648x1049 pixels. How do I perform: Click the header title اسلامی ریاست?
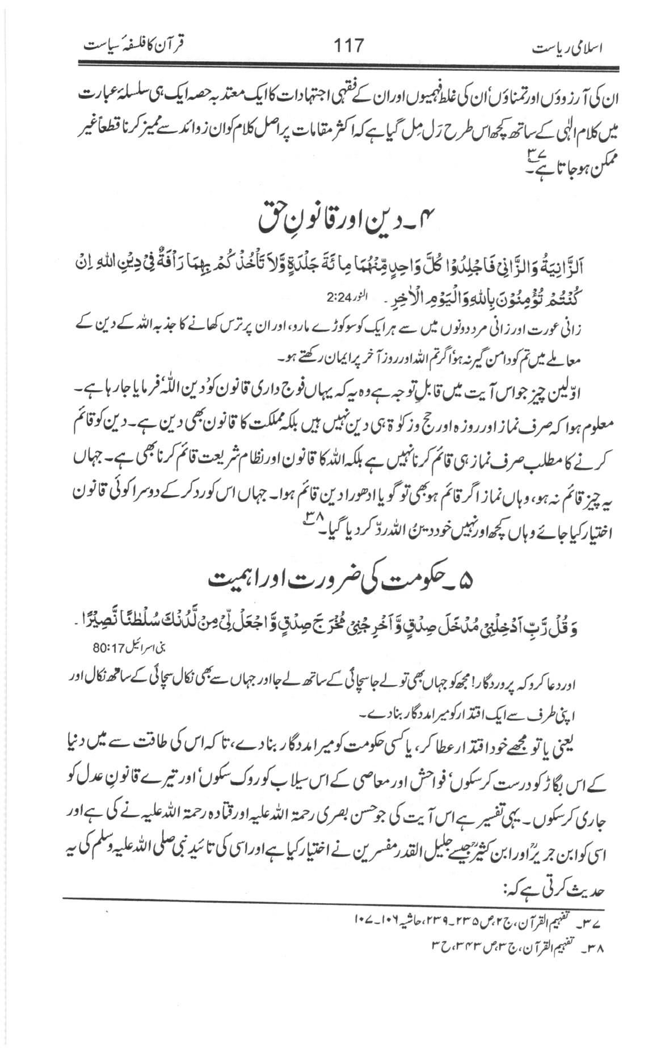(x=570, y=48)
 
